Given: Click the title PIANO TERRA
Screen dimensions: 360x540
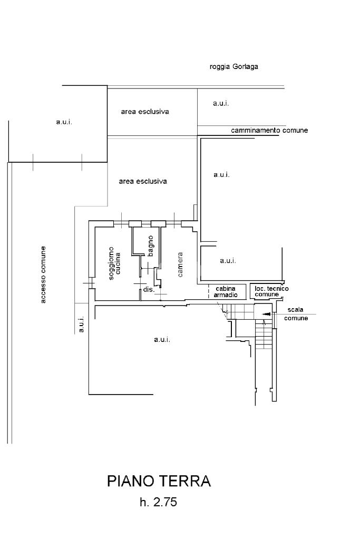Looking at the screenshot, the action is pos(159,481).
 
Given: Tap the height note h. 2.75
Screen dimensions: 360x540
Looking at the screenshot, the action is pos(158,503).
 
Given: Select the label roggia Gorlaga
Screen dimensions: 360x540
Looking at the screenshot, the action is pos(233,67).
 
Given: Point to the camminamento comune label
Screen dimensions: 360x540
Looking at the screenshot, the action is pos(269,130).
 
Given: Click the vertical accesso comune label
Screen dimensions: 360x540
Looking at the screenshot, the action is pos(43,274).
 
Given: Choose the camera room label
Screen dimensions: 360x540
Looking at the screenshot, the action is pos(180,264).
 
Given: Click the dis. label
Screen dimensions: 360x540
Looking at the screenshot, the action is pos(148,290).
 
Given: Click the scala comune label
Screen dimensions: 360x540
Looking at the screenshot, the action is pos(296,314).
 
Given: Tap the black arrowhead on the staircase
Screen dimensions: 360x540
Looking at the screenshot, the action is pos(267,315).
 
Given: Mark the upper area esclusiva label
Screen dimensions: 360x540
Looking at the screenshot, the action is pos(145,112).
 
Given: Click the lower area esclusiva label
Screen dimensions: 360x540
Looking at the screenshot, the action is pos(143,181).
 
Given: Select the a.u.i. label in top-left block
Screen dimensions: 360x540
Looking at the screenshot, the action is pos(64,122).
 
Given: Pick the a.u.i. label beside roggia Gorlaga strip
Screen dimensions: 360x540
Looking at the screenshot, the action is pos(221,103).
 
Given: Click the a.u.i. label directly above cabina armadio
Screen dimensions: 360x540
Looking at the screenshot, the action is pos(228,260).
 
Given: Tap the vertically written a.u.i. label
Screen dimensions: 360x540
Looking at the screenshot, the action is pos(82,325).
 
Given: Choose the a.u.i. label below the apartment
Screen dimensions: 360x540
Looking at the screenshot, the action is pos(162,339).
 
